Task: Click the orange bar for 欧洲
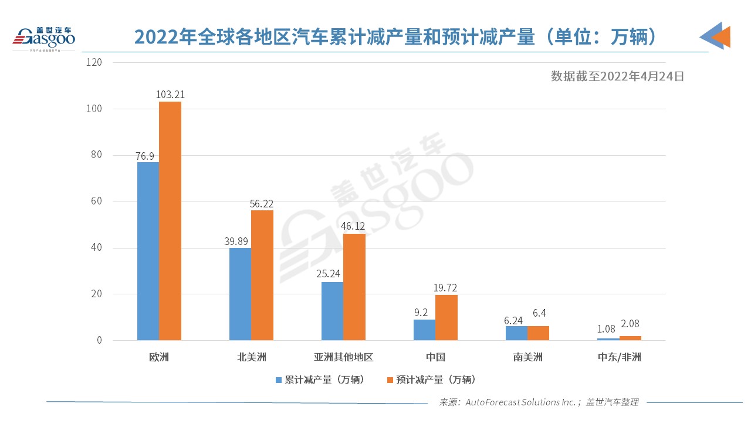pos(170,221)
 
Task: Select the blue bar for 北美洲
pos(240,294)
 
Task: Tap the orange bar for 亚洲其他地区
pos(354,287)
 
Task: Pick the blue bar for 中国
pos(424,330)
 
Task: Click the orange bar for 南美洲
pos(538,333)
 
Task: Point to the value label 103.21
pos(170,94)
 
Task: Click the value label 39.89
pos(240,241)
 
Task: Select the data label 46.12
pos(354,226)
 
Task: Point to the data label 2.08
pos(630,329)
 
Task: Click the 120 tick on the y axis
pos(94,62)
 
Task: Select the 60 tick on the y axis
pos(97,202)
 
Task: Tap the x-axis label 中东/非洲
pos(619,357)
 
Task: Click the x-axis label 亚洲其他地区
pos(343,357)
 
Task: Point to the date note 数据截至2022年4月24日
pos(617,76)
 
